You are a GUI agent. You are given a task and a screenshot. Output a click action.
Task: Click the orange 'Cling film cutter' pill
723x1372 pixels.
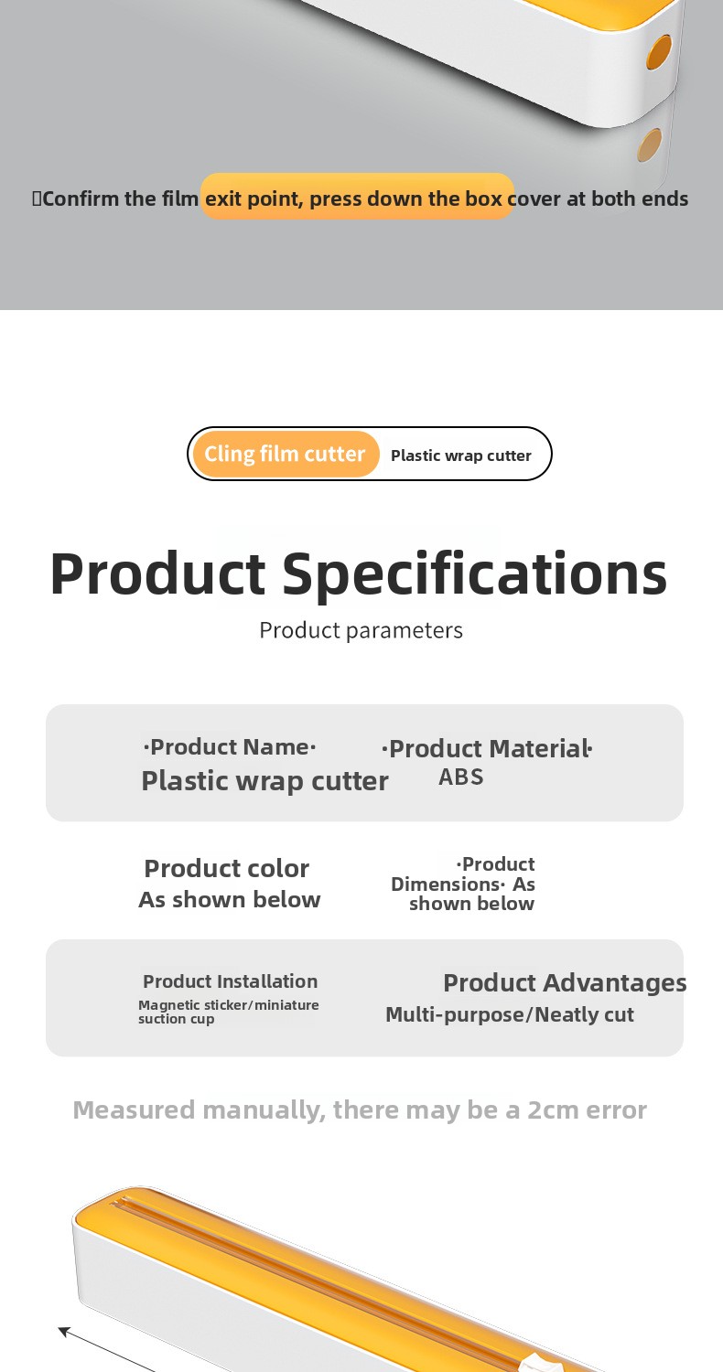tap(286, 454)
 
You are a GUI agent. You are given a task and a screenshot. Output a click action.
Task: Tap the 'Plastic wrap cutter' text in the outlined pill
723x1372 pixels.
tap(460, 456)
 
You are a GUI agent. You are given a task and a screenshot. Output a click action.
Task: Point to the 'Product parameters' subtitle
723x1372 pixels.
tap(361, 631)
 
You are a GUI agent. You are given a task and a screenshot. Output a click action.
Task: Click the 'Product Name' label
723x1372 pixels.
tap(229, 747)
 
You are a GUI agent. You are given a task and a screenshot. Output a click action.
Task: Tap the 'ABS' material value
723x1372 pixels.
tap(460, 777)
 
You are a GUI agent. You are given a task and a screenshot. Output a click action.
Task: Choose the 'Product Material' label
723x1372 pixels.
tap(487, 748)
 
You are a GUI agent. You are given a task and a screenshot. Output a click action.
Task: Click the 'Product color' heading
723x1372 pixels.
tap(227, 869)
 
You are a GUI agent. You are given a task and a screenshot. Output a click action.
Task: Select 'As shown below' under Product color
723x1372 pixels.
tap(229, 900)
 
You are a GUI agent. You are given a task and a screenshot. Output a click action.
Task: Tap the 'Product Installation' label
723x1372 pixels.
tap(231, 981)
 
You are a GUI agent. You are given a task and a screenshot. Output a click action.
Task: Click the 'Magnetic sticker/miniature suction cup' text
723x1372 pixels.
tap(229, 1012)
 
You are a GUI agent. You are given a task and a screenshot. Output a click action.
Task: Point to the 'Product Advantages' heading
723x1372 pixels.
tap(565, 983)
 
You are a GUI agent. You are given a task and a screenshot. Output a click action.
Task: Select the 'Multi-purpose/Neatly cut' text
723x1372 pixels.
tap(510, 1015)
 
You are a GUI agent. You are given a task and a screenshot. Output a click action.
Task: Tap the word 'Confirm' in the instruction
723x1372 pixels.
tap(81, 199)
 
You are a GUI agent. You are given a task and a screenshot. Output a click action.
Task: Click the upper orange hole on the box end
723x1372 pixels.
tap(659, 51)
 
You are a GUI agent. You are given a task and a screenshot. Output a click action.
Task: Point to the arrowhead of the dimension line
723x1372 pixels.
tap(64, 1330)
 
